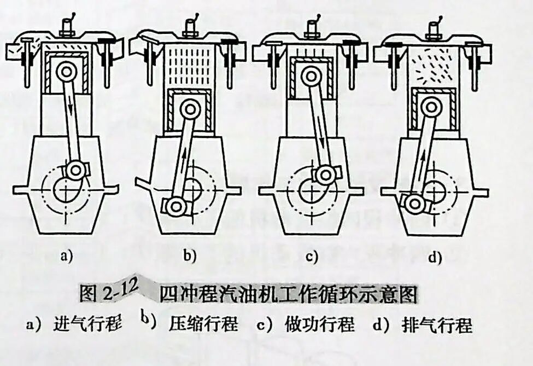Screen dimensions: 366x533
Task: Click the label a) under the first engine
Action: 67,255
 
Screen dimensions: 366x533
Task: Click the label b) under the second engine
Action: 190,255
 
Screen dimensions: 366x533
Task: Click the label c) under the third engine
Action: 312,255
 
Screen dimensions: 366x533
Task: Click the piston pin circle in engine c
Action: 312,77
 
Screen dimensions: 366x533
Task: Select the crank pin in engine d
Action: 414,204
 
